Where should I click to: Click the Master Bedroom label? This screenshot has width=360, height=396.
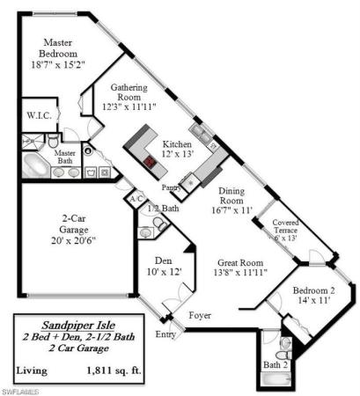pyautogui.click(x=58, y=48)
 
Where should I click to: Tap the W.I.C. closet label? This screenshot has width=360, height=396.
pyautogui.click(x=40, y=115)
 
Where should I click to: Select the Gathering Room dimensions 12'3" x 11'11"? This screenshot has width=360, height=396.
pyautogui.click(x=129, y=106)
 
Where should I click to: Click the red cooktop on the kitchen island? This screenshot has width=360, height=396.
pyautogui.click(x=150, y=161)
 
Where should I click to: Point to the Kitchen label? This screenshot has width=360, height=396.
pyautogui.click(x=177, y=144)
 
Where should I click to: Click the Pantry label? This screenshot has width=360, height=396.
pyautogui.click(x=172, y=187)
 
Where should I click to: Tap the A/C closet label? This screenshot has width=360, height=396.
pyautogui.click(x=136, y=199)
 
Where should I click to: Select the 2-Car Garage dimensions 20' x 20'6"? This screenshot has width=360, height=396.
pyautogui.click(x=74, y=240)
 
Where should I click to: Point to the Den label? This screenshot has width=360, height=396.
pyautogui.click(x=164, y=260)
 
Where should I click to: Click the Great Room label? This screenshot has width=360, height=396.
pyautogui.click(x=240, y=263)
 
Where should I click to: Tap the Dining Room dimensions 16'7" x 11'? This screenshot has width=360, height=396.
pyautogui.click(x=232, y=210)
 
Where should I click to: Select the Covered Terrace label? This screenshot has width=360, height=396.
pyautogui.click(x=285, y=226)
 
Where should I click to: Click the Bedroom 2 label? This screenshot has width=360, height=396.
pyautogui.click(x=313, y=290)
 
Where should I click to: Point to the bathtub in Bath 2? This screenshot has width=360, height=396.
pyautogui.click(x=276, y=378)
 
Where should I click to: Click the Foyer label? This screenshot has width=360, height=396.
pyautogui.click(x=200, y=315)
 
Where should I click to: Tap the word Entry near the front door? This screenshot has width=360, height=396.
pyautogui.click(x=165, y=334)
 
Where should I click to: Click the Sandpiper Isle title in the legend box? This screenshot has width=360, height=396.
pyautogui.click(x=78, y=325)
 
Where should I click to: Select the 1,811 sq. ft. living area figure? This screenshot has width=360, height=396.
pyautogui.click(x=114, y=370)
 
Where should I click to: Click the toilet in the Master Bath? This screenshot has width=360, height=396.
pyautogui.click(x=53, y=141)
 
